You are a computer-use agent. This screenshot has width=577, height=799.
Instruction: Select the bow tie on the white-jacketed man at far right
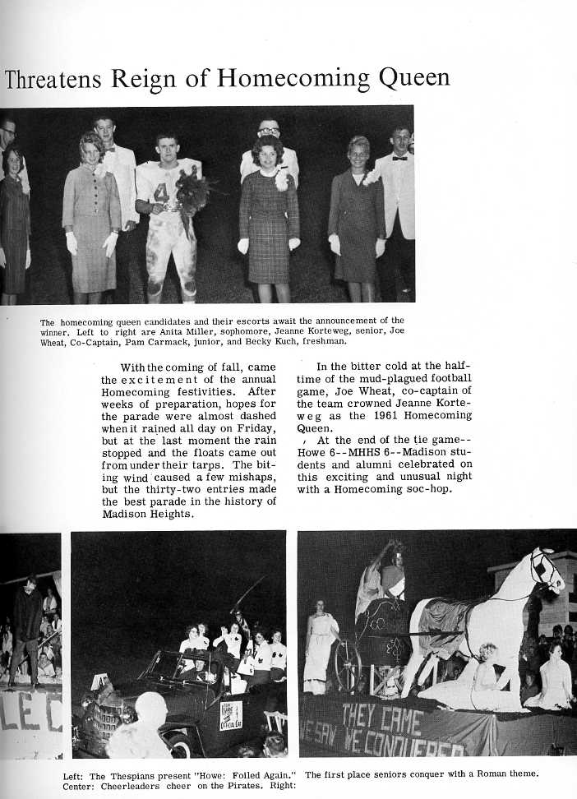(399, 157)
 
